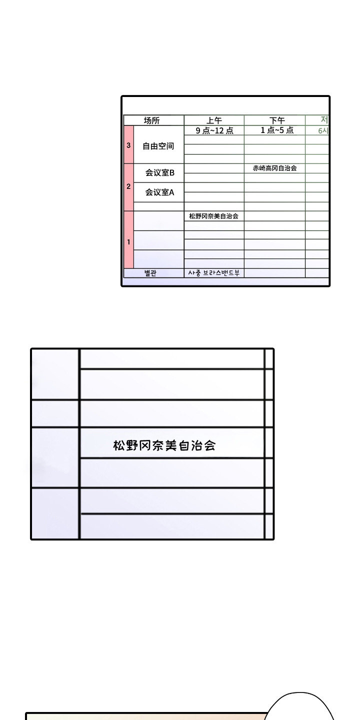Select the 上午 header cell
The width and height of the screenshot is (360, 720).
coord(214,120)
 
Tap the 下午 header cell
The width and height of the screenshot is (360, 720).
coord(276,120)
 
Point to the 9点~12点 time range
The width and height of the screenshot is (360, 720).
coord(214,130)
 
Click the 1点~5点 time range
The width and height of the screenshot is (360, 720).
coord(276,130)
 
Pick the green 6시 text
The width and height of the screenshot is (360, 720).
coord(323,131)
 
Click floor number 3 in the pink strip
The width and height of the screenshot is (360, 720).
coord(128,145)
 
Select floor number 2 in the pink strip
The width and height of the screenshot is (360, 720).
coord(128,186)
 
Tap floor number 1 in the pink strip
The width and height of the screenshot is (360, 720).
coord(128,242)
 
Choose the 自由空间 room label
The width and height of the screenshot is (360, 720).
coord(158,146)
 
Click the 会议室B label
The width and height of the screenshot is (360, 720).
coord(159,173)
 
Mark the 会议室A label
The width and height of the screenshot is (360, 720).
coord(159,192)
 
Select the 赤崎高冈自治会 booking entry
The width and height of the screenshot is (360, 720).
coord(274,168)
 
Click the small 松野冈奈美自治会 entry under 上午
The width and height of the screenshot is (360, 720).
coord(213,216)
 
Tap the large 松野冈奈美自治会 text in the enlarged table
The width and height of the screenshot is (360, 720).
coord(164,445)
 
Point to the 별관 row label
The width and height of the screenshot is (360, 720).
coord(150,273)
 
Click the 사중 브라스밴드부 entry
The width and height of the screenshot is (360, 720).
coord(213,273)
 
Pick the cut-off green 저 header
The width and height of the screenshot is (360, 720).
coord(324,120)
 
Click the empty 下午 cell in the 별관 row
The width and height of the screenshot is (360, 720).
coord(274,273)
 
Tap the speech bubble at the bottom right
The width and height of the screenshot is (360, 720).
coord(300,707)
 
